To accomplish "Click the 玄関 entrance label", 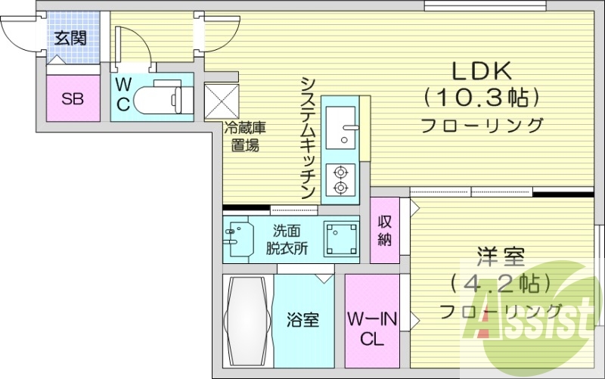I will (73, 38).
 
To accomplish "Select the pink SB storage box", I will (73, 98).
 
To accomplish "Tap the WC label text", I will (123, 94).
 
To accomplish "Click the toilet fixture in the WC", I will (167, 96).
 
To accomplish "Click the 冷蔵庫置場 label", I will (244, 137).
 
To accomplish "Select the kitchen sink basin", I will (343, 128).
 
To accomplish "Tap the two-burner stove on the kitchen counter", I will (341, 179).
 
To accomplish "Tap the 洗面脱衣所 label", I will (287, 239).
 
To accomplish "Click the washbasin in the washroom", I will (237, 237).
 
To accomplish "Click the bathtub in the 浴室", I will (247, 322).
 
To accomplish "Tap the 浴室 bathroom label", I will (302, 320).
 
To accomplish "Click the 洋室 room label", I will (501, 256).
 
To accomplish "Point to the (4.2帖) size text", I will (500, 284).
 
